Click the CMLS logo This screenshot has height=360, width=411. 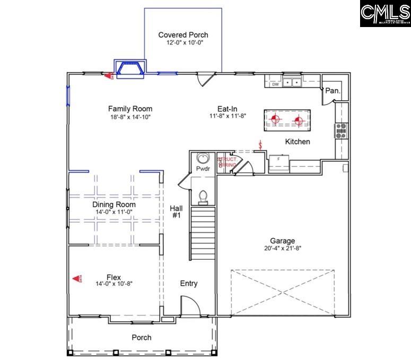pos(385,14)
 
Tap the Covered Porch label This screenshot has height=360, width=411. pos(183,35)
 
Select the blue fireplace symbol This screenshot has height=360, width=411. pos(130,69)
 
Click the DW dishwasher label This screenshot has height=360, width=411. pos(275,84)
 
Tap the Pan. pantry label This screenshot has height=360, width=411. pos(332,91)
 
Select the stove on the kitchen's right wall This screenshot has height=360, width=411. pos(341,130)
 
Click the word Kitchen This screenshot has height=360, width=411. pos(298,142)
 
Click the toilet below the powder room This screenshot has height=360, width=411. pos(203,196)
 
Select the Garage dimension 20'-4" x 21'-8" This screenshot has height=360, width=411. pos(282,248)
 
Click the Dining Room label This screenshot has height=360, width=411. pos(114,204)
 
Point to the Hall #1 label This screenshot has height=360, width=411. pos(176,212)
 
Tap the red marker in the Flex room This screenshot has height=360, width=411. pos(77,278)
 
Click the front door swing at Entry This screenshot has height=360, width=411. pos(189,306)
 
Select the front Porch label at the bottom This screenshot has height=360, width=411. pos(141,337)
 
